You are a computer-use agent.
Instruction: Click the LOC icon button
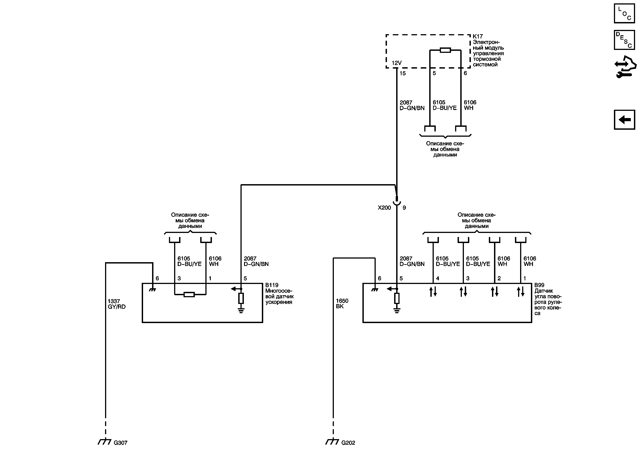tap(624, 13)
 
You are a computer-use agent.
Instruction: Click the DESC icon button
tap(624, 40)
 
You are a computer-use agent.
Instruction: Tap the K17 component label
tap(478, 36)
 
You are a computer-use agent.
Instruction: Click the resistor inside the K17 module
tap(445, 50)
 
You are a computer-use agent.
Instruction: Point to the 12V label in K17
tap(397, 63)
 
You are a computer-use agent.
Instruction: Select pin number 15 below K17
tap(403, 73)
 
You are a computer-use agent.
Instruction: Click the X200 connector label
tap(384, 208)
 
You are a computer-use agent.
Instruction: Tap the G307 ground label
tap(120, 443)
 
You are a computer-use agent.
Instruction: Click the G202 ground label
tap(348, 443)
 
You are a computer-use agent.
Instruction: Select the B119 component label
tap(272, 285)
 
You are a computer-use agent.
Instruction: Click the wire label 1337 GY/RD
tap(117, 304)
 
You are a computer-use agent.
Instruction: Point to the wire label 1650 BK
tap(342, 304)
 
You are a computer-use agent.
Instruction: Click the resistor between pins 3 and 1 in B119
tap(189, 295)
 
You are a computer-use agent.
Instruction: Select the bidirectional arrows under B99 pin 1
tap(521, 292)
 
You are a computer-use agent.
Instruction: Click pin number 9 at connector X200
tap(404, 208)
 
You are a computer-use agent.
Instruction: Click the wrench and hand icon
tap(625, 67)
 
